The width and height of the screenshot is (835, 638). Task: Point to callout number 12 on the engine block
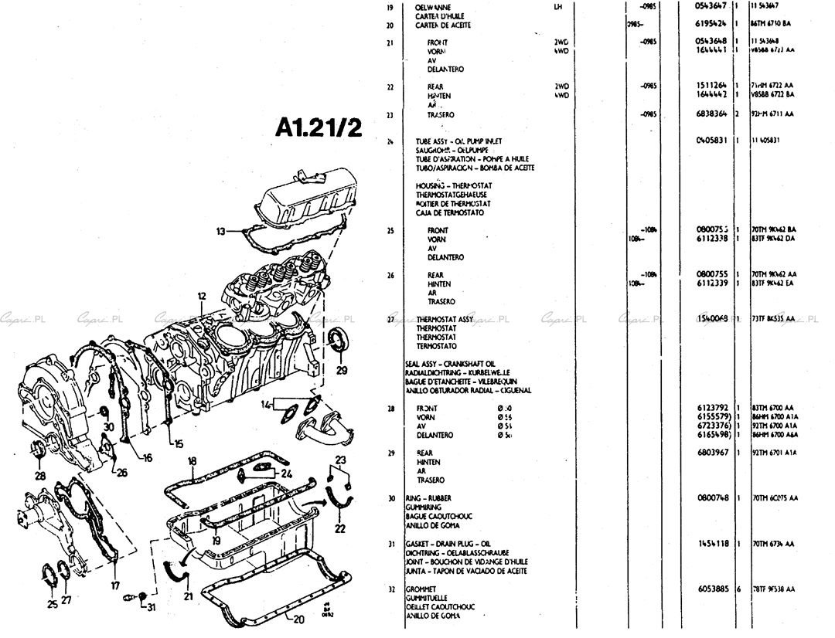(201, 296)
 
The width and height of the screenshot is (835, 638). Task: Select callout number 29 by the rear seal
(342, 370)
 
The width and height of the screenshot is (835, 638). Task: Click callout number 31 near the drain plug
(152, 606)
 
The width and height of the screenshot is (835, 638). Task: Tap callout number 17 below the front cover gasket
(116, 585)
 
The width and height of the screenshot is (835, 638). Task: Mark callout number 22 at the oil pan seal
(339, 529)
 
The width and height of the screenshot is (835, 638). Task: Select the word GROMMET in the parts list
(422, 589)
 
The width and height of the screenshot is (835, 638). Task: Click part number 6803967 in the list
(713, 453)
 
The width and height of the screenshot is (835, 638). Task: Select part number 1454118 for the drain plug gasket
(713, 544)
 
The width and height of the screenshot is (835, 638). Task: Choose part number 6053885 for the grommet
(713, 589)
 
